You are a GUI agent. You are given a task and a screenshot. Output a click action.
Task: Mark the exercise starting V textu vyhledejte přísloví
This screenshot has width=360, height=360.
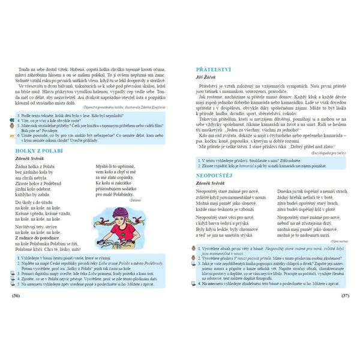pos(249,160)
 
